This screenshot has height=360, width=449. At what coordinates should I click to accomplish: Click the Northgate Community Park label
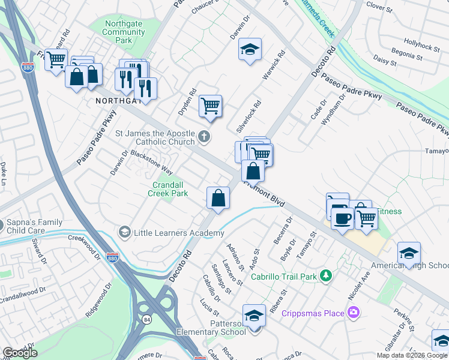tap(123, 32)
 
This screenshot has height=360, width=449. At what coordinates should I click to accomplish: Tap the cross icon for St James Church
tap(204, 136)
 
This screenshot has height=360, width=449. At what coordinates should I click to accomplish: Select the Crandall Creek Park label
tap(170, 189)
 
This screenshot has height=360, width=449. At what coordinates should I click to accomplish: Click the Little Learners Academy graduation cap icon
tap(125, 232)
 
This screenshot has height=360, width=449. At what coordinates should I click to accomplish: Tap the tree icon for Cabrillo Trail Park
tap(326, 275)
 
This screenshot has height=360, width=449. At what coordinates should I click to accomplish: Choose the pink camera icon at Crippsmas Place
tap(354, 312)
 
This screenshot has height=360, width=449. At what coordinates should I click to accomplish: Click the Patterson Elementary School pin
tap(254, 315)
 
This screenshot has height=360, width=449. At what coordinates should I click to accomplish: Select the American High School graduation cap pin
tap(409, 253)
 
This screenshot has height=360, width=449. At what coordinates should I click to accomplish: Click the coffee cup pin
tap(342, 218)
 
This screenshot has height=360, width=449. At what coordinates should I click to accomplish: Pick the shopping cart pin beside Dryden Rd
tap(210, 106)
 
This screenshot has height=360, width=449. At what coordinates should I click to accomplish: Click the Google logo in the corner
tap(20, 352)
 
